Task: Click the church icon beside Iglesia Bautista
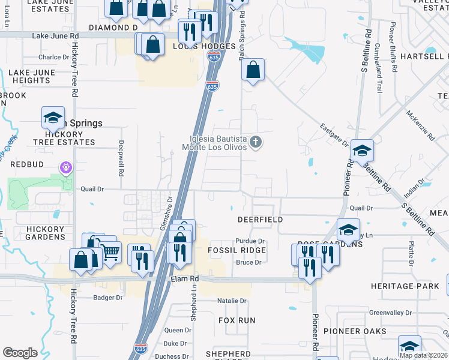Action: [x=256, y=142]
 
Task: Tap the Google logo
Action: [x=20, y=353]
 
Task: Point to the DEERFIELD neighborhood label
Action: [x=260, y=220]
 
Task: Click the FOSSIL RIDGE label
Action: [x=236, y=250]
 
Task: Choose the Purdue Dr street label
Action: [x=250, y=241]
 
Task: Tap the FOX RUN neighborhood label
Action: [x=237, y=320]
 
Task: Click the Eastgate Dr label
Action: [x=334, y=135]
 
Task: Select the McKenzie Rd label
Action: [x=420, y=125]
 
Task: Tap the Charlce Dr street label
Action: [x=54, y=58]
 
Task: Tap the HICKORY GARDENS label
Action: [x=45, y=233]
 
